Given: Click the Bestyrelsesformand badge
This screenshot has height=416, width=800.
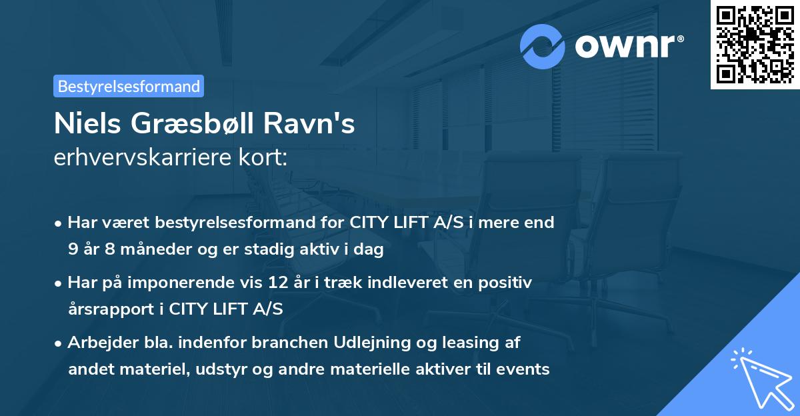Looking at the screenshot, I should [129, 86].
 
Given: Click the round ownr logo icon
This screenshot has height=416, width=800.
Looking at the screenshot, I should [543, 46].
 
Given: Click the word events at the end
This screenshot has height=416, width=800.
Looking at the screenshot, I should [526, 369].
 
